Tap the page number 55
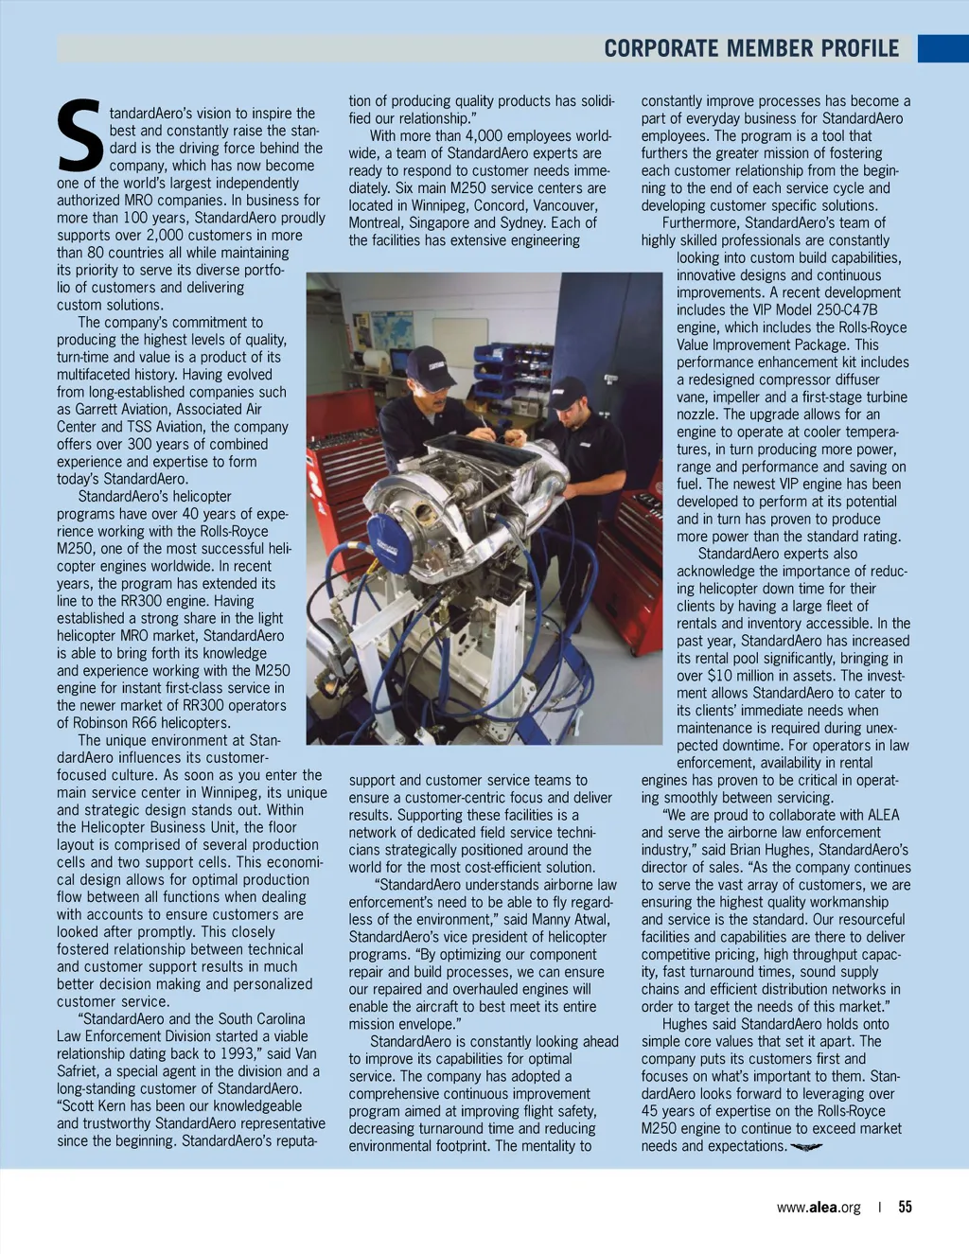tap(905, 1207)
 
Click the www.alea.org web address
tap(819, 1207)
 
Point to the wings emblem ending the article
tap(806, 1147)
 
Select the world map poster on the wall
tap(391, 329)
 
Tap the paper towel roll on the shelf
tap(376, 361)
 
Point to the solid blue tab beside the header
tap(943, 48)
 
